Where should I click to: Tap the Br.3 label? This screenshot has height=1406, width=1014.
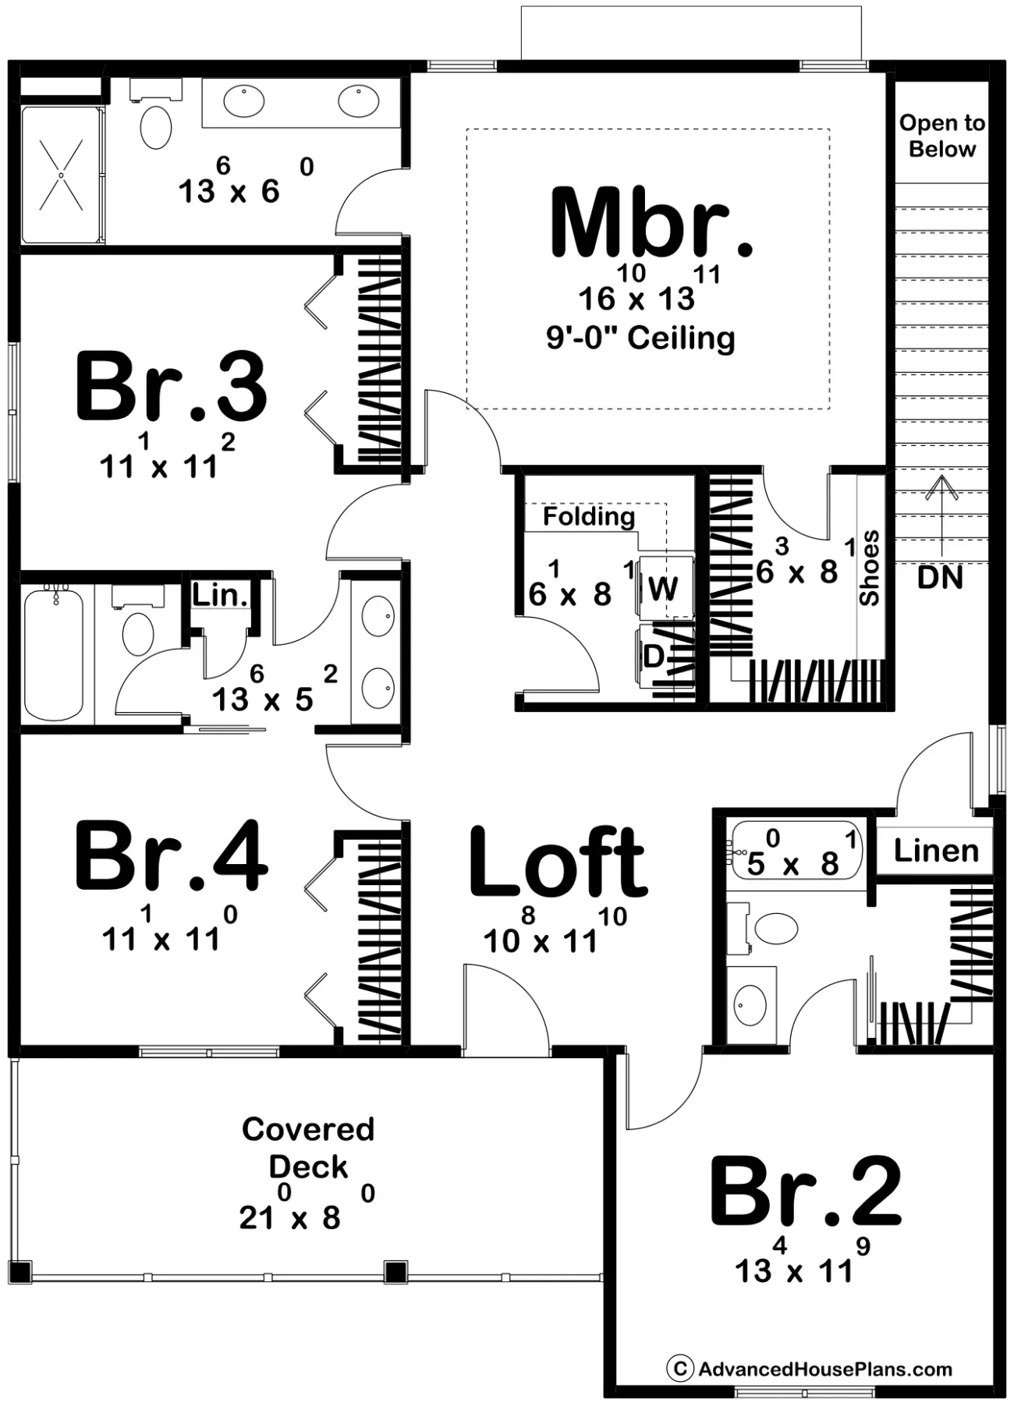coord(172,388)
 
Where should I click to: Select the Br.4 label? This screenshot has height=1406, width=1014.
coord(172,855)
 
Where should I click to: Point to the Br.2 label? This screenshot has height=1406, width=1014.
coord(806,1192)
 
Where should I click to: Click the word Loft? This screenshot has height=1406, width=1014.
coord(558,862)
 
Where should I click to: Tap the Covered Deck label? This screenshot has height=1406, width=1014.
coord(308,1148)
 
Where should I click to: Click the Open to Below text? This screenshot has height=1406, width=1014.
coord(942,136)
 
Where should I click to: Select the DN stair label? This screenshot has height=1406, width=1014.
coord(940,578)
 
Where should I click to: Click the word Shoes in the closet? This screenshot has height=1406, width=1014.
coord(869,568)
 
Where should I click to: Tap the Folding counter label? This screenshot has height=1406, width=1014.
coord(589,516)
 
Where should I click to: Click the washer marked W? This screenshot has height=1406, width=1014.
coord(665,587)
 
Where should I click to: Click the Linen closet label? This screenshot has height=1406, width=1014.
coord(936,851)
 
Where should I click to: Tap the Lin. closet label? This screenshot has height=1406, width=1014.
coord(221,596)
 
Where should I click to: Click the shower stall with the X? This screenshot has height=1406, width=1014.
coord(61,175)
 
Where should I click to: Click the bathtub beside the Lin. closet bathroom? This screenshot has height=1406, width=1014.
coord(54,653)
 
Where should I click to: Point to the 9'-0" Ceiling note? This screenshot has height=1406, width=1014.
coord(640,338)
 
